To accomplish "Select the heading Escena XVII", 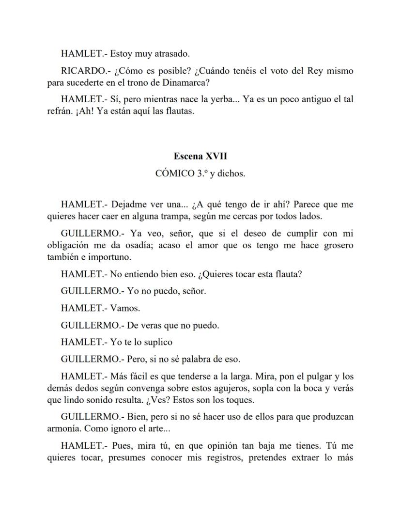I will [x=200, y=156].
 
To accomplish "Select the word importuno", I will [x=109, y=257].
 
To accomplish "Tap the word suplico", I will [x=156, y=342].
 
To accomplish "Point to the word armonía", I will [x=63, y=429].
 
